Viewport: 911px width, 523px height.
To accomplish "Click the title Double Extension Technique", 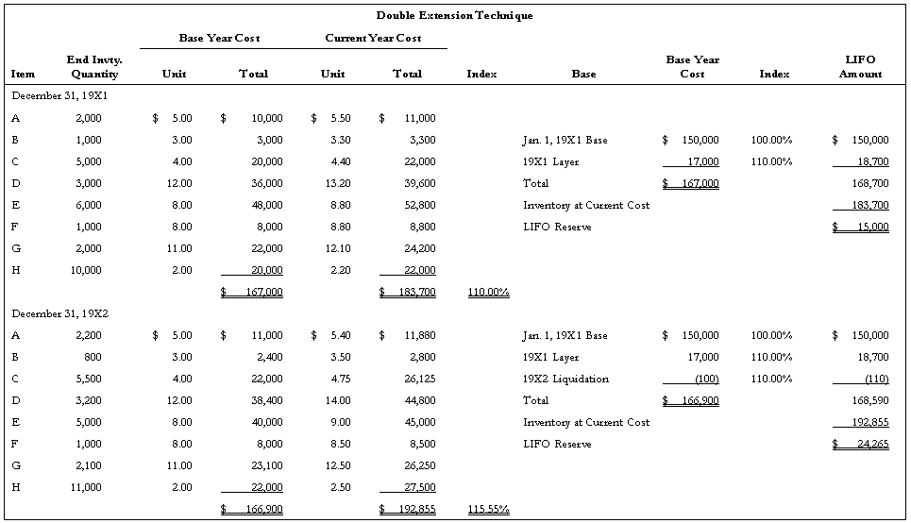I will pyautogui.click(x=454, y=15).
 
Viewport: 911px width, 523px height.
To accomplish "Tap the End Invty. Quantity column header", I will pyautogui.click(x=94, y=66).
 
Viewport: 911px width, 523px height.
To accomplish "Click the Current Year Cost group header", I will pyautogui.click(x=373, y=38).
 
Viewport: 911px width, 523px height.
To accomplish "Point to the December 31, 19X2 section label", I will pyautogui.click(x=59, y=313).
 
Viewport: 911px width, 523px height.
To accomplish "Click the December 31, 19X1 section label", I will pyautogui.click(x=59, y=95).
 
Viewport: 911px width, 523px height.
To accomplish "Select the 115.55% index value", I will pyautogui.click(x=488, y=509).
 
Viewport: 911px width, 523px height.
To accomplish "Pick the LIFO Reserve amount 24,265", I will pyautogui.click(x=871, y=444).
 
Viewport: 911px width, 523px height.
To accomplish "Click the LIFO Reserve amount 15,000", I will pyautogui.click(x=871, y=227).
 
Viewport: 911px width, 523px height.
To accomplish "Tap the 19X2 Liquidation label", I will pyautogui.click(x=565, y=379).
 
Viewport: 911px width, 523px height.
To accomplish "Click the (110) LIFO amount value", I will pyautogui.click(x=874, y=379).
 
